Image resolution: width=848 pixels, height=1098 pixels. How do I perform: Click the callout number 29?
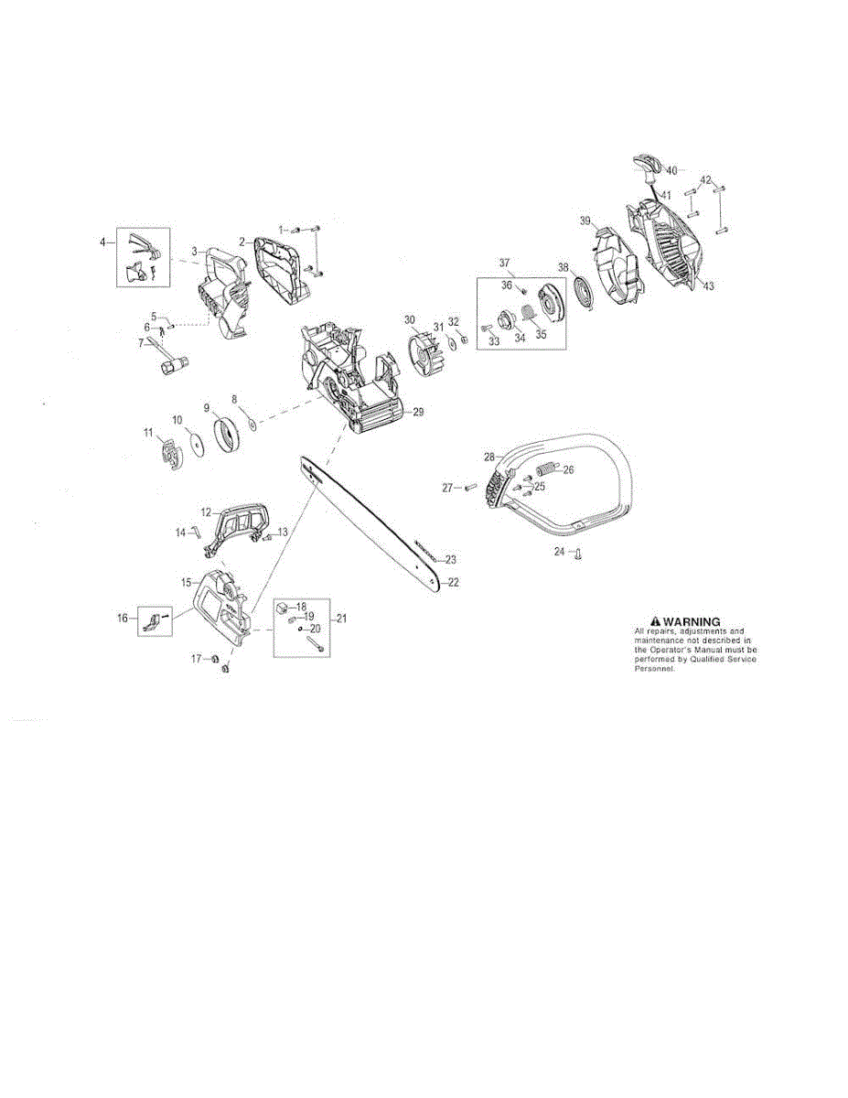[418, 413]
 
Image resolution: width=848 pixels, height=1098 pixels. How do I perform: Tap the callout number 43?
[709, 286]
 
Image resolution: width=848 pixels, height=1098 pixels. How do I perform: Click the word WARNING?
[692, 622]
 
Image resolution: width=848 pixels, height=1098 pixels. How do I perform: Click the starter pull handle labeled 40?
[648, 167]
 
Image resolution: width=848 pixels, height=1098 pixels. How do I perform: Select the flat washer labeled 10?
[194, 441]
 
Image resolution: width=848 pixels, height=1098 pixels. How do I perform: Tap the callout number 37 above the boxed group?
[503, 263]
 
